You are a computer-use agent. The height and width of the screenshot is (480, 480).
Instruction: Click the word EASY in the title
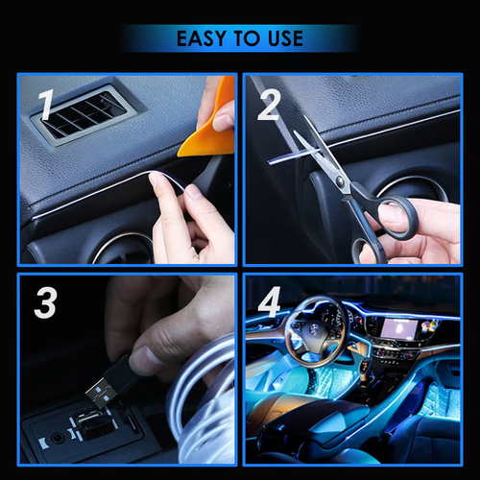[x=202, y=39]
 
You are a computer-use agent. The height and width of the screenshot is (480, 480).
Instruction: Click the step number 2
[x=269, y=106]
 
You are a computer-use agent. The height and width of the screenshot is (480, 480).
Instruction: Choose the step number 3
[x=44, y=302]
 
